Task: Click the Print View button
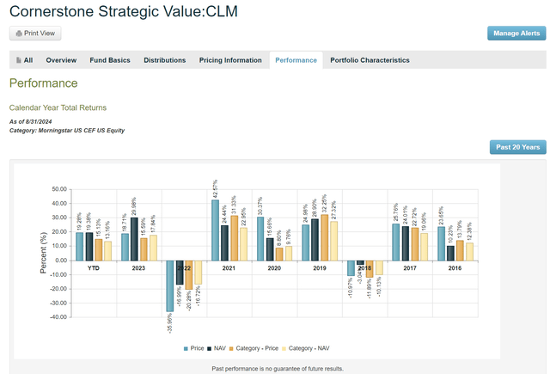(35, 33)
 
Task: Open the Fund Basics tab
(107, 60)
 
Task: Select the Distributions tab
(164, 60)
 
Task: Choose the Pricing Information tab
(230, 60)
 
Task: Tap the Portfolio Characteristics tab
(370, 60)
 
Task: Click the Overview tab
(61, 60)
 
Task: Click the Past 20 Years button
(517, 147)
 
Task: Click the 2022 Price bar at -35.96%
(169, 285)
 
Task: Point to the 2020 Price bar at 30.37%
(259, 238)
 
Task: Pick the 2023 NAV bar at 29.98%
(135, 238)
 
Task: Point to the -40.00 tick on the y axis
(58, 316)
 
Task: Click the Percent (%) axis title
(43, 254)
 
